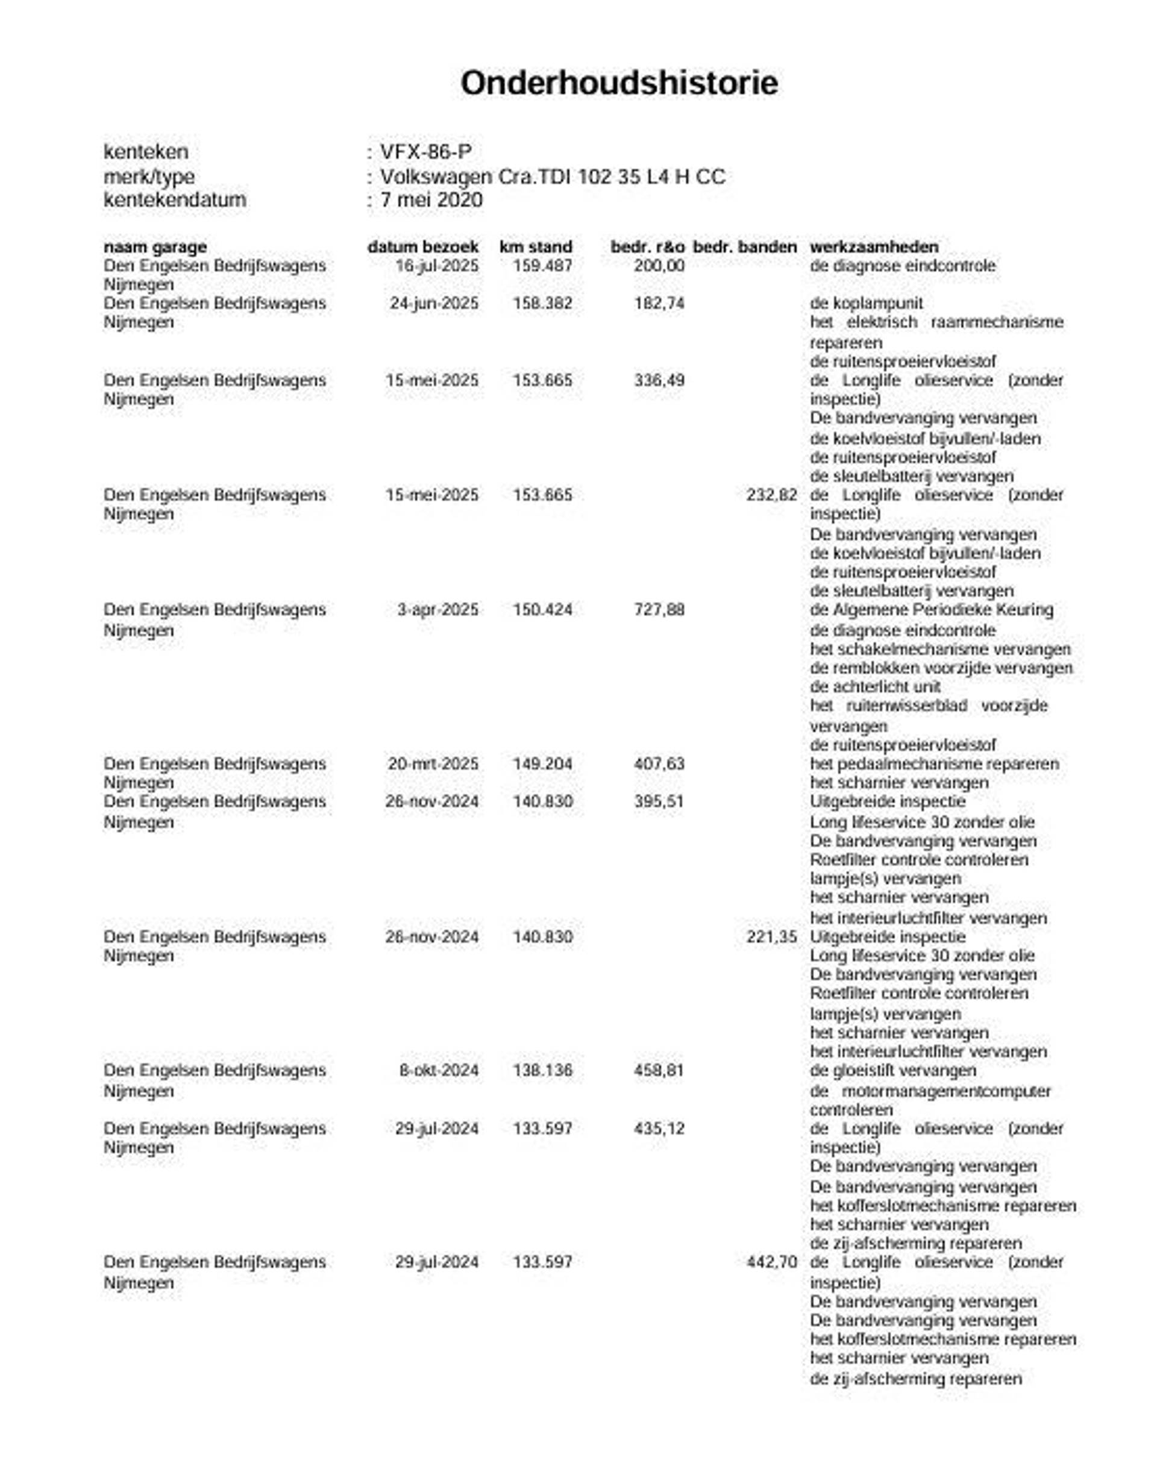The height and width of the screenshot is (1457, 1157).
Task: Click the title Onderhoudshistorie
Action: tap(618, 83)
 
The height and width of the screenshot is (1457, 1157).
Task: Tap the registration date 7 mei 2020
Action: tap(431, 200)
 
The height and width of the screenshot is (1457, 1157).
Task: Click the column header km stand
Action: tap(535, 247)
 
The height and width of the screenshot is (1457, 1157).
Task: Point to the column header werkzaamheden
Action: tap(874, 247)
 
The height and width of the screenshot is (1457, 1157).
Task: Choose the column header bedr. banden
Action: tap(745, 247)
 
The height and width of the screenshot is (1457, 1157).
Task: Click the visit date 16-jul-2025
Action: tap(436, 266)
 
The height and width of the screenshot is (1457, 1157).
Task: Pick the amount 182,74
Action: tap(659, 304)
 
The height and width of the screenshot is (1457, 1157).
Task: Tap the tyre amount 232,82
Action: tap(771, 495)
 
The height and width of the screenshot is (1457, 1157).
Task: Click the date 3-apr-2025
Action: tap(437, 610)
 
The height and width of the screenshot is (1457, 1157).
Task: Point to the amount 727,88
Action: tap(659, 610)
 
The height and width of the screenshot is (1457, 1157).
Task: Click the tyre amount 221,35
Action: tap(771, 936)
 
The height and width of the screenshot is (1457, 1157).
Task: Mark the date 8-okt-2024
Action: tap(439, 1070)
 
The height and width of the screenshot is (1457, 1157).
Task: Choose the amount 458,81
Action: tap(659, 1070)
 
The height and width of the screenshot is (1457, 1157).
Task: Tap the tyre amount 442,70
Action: tap(771, 1262)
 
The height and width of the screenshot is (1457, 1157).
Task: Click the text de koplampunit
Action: tap(866, 304)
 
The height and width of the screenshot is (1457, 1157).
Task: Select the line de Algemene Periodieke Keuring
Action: tap(931, 610)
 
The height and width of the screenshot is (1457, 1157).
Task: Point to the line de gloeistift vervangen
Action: tap(892, 1070)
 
